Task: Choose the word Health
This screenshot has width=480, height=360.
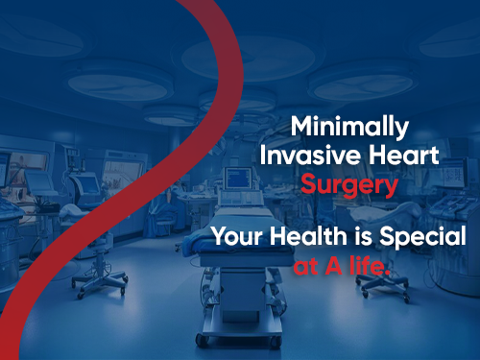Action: tap(305, 237)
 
